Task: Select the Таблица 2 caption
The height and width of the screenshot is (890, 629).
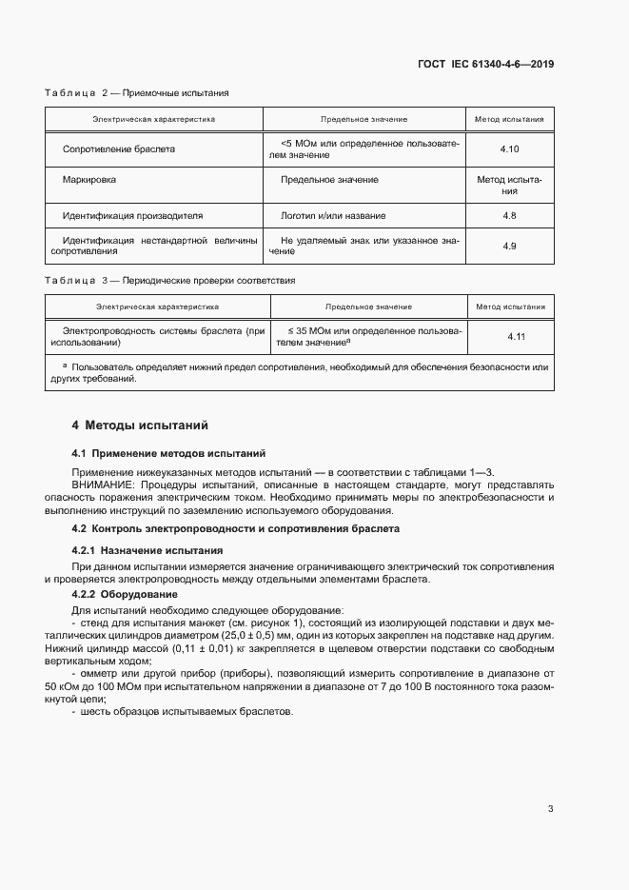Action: [136, 92]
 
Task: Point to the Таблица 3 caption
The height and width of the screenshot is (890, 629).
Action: [170, 281]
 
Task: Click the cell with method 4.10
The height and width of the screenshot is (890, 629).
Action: [509, 149]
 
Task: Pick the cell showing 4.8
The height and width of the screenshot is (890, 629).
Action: [509, 216]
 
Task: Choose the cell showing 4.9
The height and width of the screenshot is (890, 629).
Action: [509, 247]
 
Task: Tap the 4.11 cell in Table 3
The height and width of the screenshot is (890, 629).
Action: [516, 337]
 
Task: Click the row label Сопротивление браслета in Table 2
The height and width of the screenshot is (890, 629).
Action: [118, 149]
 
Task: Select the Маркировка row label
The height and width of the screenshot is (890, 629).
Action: [89, 179]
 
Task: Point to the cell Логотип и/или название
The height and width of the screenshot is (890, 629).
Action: [333, 216]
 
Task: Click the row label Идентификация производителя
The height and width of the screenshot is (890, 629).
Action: [132, 216]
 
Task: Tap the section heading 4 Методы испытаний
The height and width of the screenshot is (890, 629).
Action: [140, 425]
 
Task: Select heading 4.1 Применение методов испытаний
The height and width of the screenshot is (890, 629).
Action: [169, 452]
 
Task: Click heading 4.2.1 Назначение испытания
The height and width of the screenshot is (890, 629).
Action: [147, 550]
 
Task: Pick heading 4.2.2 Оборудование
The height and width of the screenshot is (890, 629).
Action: [130, 595]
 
